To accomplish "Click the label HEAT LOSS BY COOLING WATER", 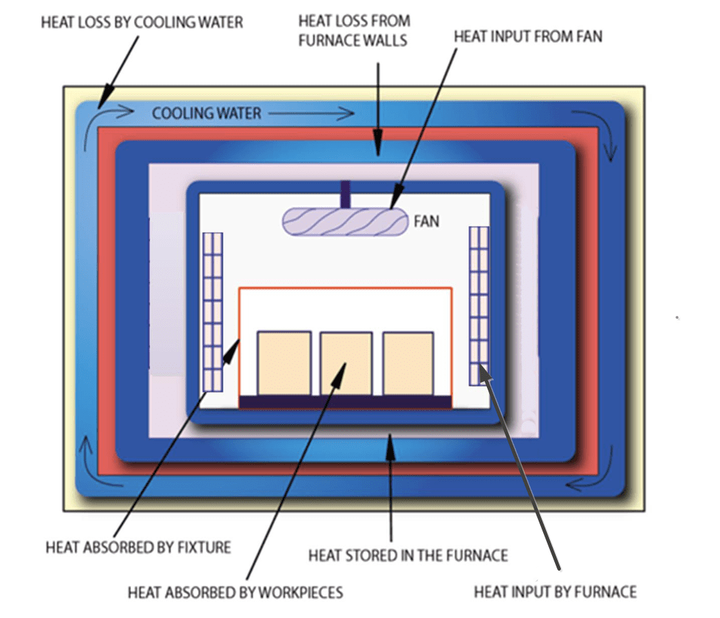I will pos(141,22).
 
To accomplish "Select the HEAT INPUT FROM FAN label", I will pos(528,36).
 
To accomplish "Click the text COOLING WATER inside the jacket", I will pos(206,113).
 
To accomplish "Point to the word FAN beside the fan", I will pos(426,221).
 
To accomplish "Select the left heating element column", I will pos(212,312).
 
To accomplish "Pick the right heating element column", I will pos(479,305).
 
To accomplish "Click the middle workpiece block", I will pos(346,363).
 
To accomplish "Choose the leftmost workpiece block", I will pos(283,363).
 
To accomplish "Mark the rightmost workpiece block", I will pos(408,363).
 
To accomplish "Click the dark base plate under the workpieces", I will pos(345,402).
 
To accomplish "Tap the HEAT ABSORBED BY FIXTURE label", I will pos(138,548).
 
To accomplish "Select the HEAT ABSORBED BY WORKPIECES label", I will pos(235,592).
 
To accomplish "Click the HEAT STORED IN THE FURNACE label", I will pos(407,554).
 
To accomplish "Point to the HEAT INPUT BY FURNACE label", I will pos(554,591).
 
